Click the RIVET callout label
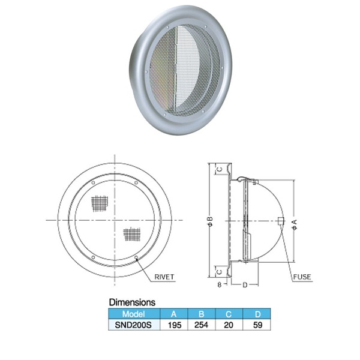tap(164, 277)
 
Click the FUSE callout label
tap(302, 277)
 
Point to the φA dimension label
tap(295, 224)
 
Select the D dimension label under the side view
tap(245, 285)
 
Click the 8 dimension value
tap(220, 284)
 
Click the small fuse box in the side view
tap(281, 221)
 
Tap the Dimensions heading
tap(132, 302)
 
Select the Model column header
tap(134, 314)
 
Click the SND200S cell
tap(133, 325)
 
